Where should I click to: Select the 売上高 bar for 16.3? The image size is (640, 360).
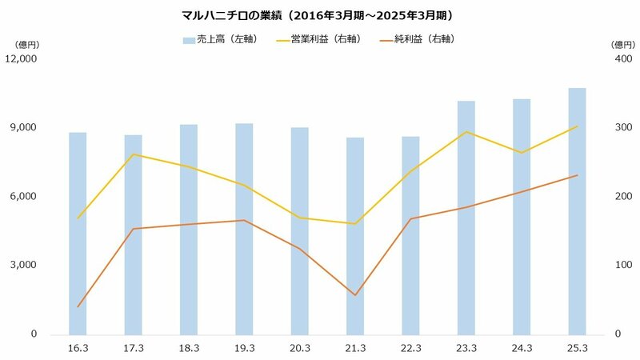[x=78, y=233]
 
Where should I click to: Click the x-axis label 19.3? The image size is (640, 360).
[x=245, y=348]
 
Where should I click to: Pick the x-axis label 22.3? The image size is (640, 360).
[x=410, y=348]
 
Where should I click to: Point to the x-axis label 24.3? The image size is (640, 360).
[x=522, y=348]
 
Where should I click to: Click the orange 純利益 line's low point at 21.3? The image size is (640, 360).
[x=355, y=295]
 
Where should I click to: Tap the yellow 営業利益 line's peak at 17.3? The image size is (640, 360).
[x=134, y=154]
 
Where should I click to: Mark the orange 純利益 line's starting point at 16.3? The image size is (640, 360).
[x=78, y=306]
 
